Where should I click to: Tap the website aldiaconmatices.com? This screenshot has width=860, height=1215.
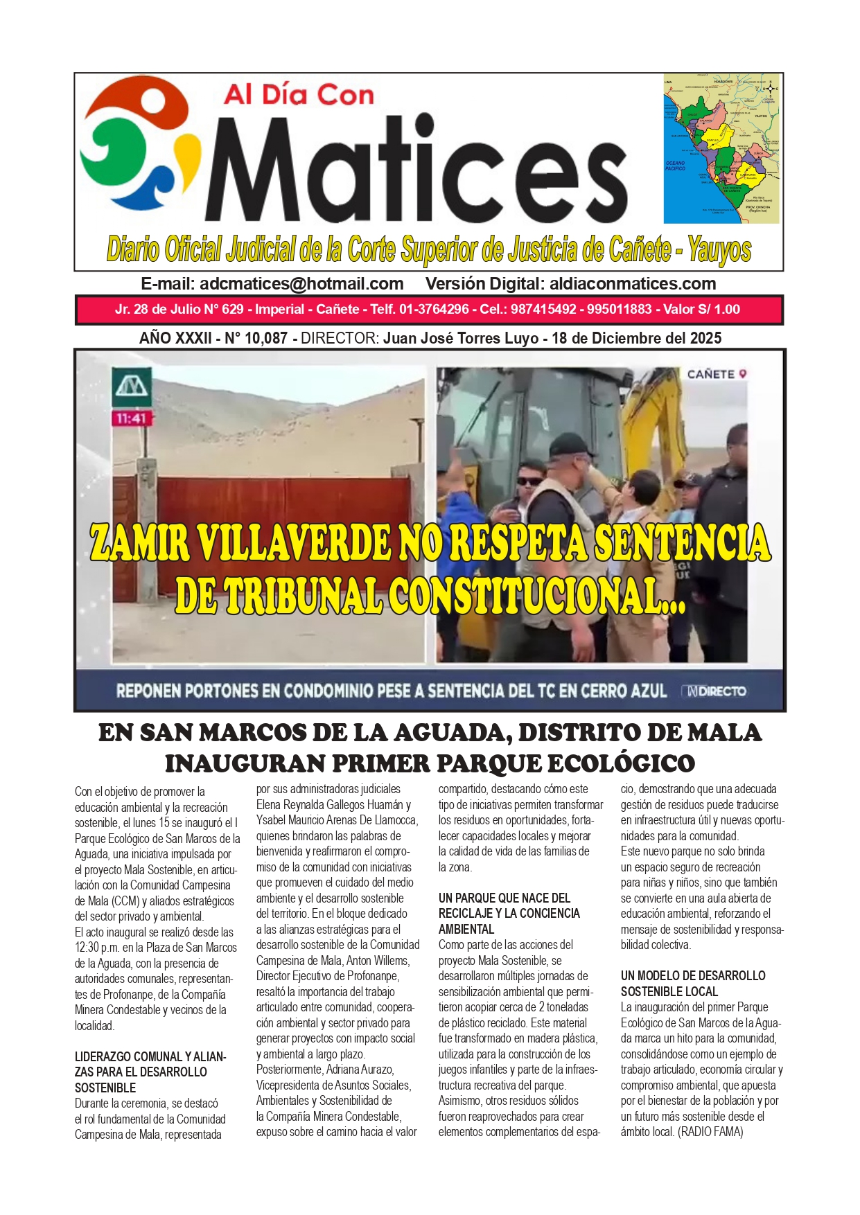633,284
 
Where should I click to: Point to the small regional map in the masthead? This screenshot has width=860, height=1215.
721,149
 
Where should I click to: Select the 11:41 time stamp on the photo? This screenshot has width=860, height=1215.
132,418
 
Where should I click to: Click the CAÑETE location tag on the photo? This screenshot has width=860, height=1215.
717,375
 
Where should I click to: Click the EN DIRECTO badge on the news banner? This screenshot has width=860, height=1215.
715,691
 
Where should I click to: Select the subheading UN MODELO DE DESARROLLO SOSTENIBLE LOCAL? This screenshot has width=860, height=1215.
692,984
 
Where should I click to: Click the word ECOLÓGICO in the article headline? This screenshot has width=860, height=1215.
621,764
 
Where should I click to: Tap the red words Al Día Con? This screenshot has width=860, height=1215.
299,95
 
